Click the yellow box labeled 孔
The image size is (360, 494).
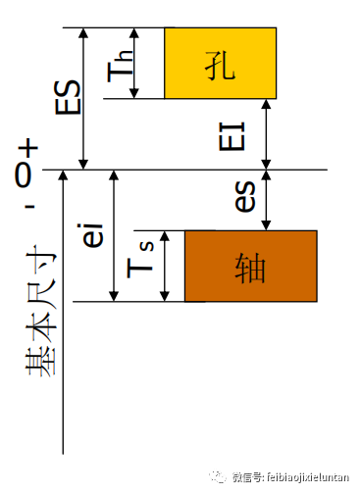220,63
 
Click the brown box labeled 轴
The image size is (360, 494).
250,265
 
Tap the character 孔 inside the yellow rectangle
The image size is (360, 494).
221,63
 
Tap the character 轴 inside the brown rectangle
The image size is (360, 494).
251,266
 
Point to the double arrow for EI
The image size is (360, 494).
265,133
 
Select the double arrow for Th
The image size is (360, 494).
136,63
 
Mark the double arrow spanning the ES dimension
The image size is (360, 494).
83,97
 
